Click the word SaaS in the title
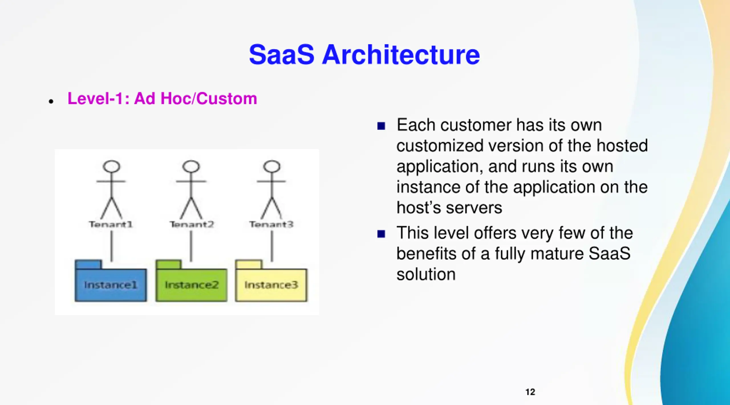pyautogui.click(x=281, y=55)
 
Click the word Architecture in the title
pyautogui.click(x=401, y=55)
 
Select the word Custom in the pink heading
pyautogui.click(x=226, y=99)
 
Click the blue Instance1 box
pyautogui.click(x=111, y=284)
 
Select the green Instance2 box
pyautogui.click(x=191, y=284)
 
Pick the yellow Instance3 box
pyautogui.click(x=271, y=284)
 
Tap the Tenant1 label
pyautogui.click(x=111, y=225)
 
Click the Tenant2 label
pyautogui.click(x=192, y=225)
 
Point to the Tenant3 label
pyautogui.click(x=271, y=225)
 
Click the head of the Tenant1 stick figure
pyautogui.click(x=111, y=166)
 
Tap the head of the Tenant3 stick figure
pyautogui.click(x=272, y=166)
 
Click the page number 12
pyautogui.click(x=530, y=392)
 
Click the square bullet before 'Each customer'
pyautogui.click(x=381, y=126)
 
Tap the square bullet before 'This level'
pyautogui.click(x=381, y=234)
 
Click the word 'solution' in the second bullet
pyautogui.click(x=426, y=274)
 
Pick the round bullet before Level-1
pyautogui.click(x=51, y=101)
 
